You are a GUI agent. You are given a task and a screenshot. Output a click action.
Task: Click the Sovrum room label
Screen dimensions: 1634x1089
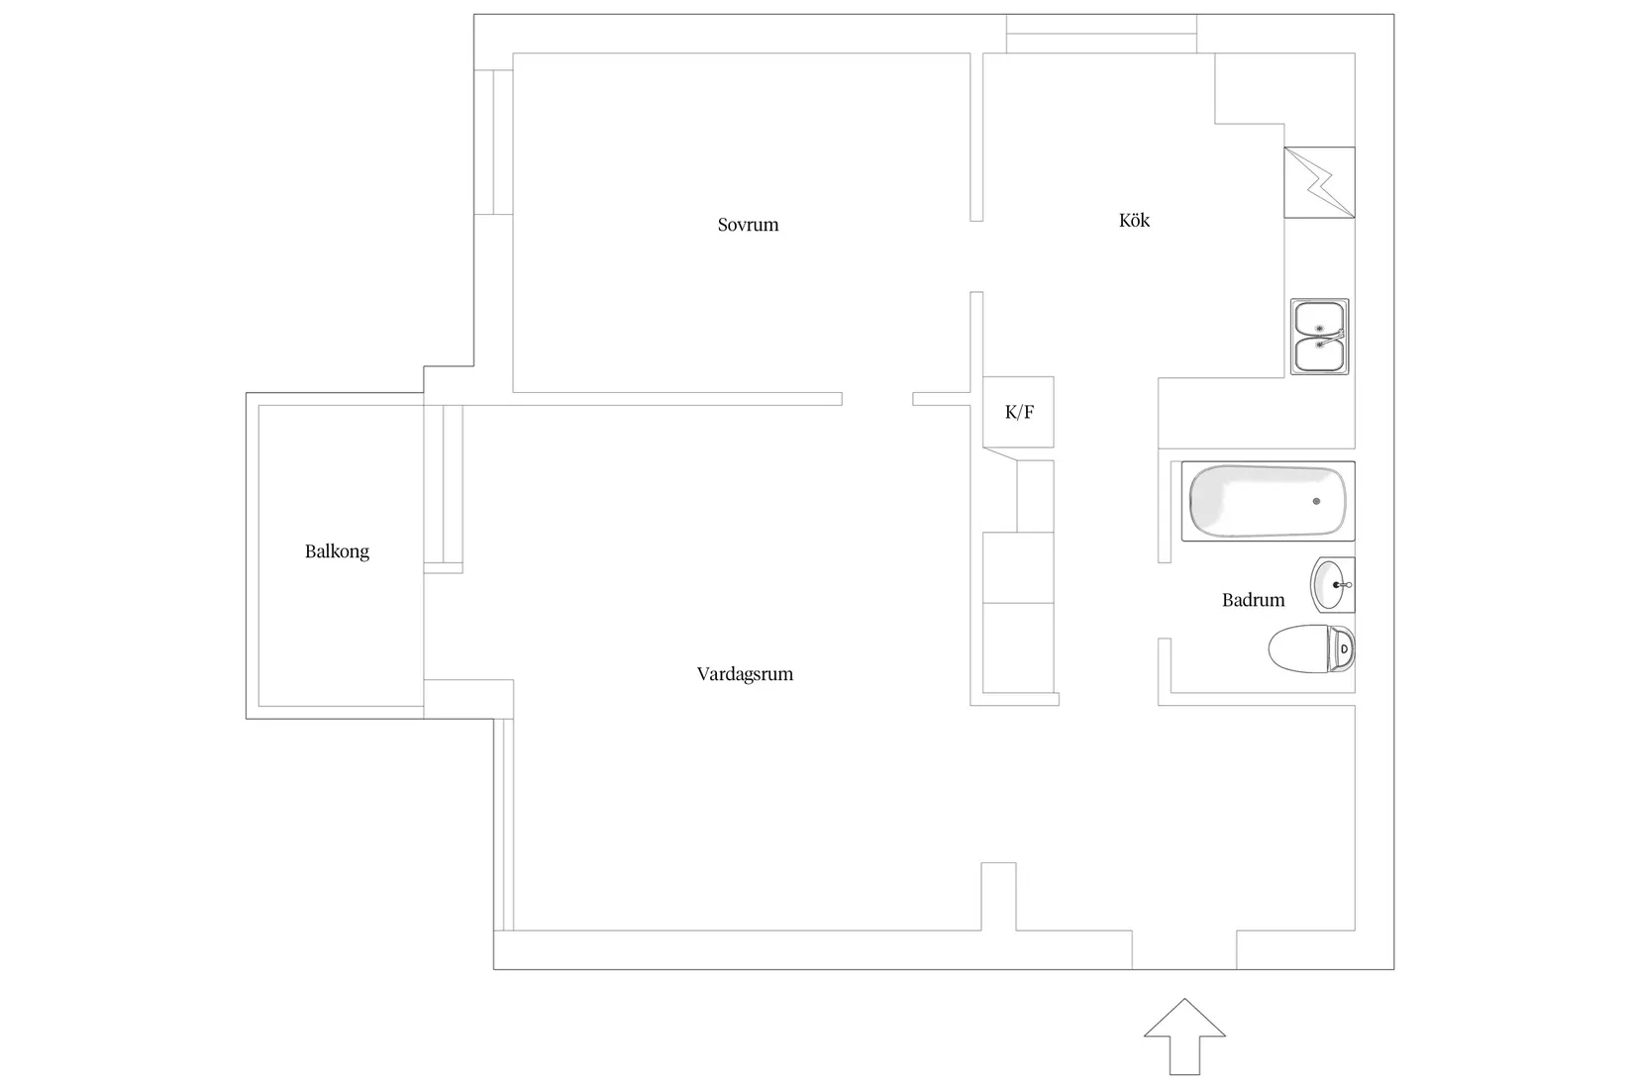point(748,225)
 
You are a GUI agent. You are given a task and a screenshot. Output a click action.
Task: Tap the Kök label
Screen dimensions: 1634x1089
point(1134,221)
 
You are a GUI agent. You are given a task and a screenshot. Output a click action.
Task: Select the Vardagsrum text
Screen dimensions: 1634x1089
point(745,674)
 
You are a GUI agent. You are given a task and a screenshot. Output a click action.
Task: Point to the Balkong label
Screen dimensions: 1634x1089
point(337,551)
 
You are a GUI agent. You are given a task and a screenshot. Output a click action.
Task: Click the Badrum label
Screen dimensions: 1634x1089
point(1253,600)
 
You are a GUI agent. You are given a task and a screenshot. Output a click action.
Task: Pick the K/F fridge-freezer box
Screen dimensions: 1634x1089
point(1018,412)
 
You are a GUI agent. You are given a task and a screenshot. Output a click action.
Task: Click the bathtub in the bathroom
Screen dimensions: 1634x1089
point(1268,501)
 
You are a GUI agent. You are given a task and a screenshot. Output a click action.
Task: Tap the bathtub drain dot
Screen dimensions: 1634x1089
point(1317,501)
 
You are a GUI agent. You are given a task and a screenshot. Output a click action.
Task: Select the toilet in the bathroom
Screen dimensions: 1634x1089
point(1311,648)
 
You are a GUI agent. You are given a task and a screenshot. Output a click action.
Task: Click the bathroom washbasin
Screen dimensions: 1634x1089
point(1333,585)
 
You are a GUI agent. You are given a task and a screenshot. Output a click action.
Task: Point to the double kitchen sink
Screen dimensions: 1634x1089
point(1320,337)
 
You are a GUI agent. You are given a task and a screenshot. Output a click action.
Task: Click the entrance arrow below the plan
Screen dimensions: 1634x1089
point(1184,1037)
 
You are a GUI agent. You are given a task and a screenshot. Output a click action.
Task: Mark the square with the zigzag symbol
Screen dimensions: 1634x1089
point(1320,182)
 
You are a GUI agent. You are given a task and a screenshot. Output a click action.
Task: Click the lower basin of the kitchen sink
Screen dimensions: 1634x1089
point(1319,354)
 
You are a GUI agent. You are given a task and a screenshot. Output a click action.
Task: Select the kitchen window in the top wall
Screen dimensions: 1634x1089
point(1101,34)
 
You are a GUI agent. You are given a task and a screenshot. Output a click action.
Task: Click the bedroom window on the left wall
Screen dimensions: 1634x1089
point(494,143)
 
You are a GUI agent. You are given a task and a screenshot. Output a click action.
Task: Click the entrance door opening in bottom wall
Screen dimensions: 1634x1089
point(1184,949)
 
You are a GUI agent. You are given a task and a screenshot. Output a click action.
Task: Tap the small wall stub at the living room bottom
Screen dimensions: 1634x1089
point(998,896)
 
